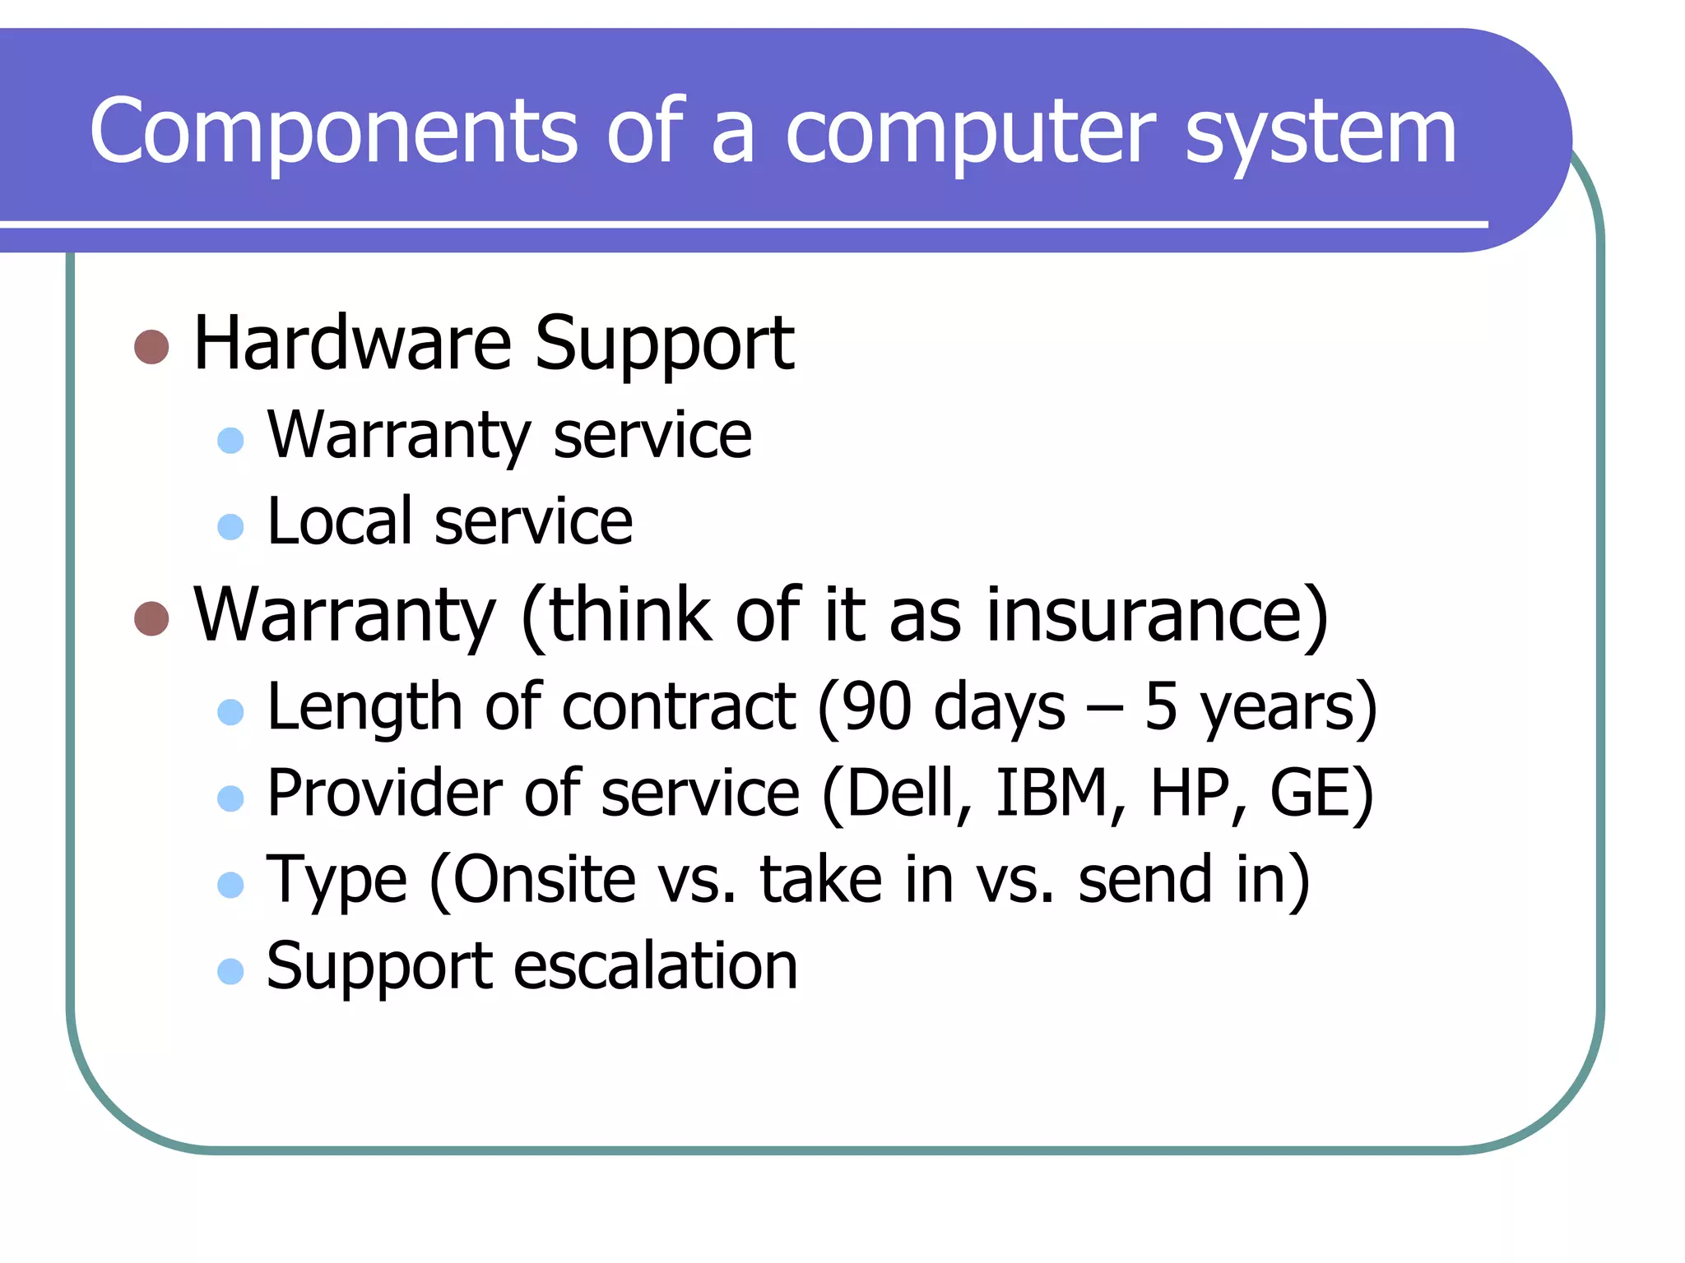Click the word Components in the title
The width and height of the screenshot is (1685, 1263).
[x=333, y=132]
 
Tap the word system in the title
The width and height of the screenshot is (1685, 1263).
[x=1320, y=136]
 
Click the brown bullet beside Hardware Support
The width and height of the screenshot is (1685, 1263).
[x=151, y=347]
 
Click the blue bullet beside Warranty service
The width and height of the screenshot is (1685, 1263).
[x=230, y=440]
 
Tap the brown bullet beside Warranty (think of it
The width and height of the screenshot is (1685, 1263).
[x=151, y=618]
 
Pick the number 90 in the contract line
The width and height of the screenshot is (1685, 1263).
[x=875, y=707]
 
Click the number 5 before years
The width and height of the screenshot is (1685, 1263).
[x=1160, y=707]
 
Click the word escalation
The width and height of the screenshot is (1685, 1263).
[x=656, y=966]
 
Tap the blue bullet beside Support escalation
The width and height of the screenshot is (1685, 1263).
[x=230, y=971]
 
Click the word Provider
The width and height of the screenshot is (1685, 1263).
[x=384, y=793]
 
